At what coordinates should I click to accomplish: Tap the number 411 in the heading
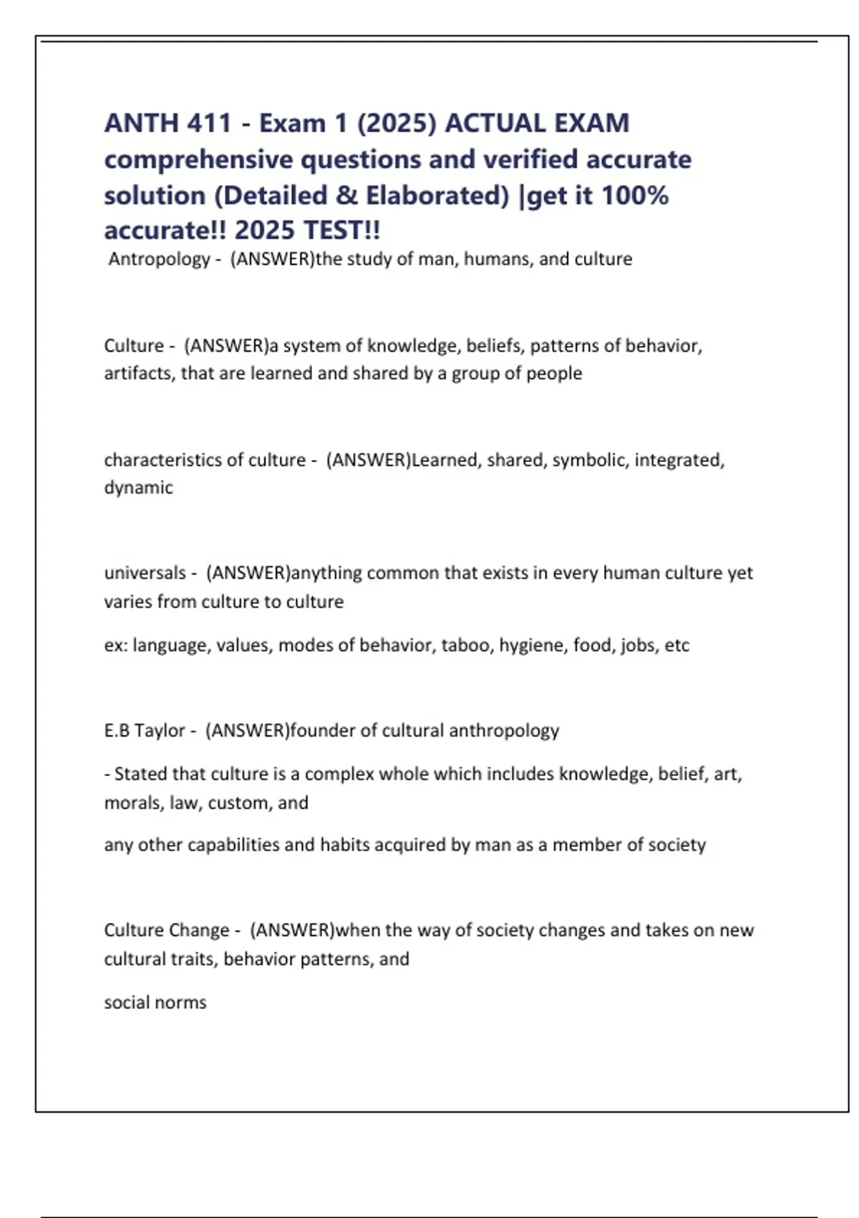[209, 123]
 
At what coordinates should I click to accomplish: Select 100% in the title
[635, 195]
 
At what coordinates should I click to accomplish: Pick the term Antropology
[159, 259]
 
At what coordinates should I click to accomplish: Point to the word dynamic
[138, 488]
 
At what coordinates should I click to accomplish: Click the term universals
[145, 573]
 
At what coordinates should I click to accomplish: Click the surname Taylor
[160, 731]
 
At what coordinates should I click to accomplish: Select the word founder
[322, 731]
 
